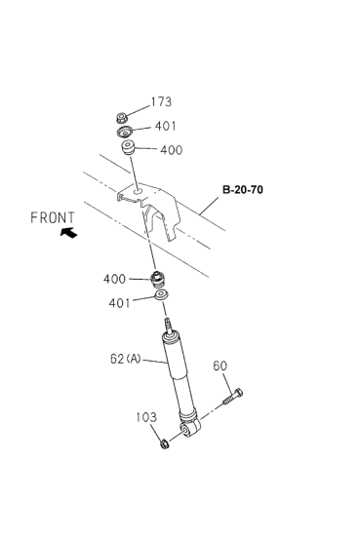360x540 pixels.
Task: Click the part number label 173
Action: click(x=161, y=102)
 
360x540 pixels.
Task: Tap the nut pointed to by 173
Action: click(x=122, y=118)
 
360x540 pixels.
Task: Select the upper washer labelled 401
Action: click(x=125, y=132)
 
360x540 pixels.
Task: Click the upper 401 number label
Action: click(x=165, y=126)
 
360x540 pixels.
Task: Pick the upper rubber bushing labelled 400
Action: click(x=127, y=147)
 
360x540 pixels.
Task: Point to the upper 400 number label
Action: click(x=171, y=150)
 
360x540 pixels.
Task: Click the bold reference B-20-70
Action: click(x=243, y=190)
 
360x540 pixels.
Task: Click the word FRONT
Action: click(x=53, y=217)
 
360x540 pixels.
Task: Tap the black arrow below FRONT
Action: click(x=68, y=232)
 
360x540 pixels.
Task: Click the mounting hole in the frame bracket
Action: click(x=139, y=191)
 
